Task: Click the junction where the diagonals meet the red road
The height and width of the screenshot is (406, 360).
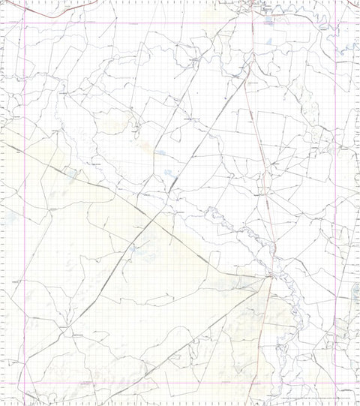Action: (x=269, y=278)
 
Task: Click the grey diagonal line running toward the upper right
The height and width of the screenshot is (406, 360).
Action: (x=202, y=143)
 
